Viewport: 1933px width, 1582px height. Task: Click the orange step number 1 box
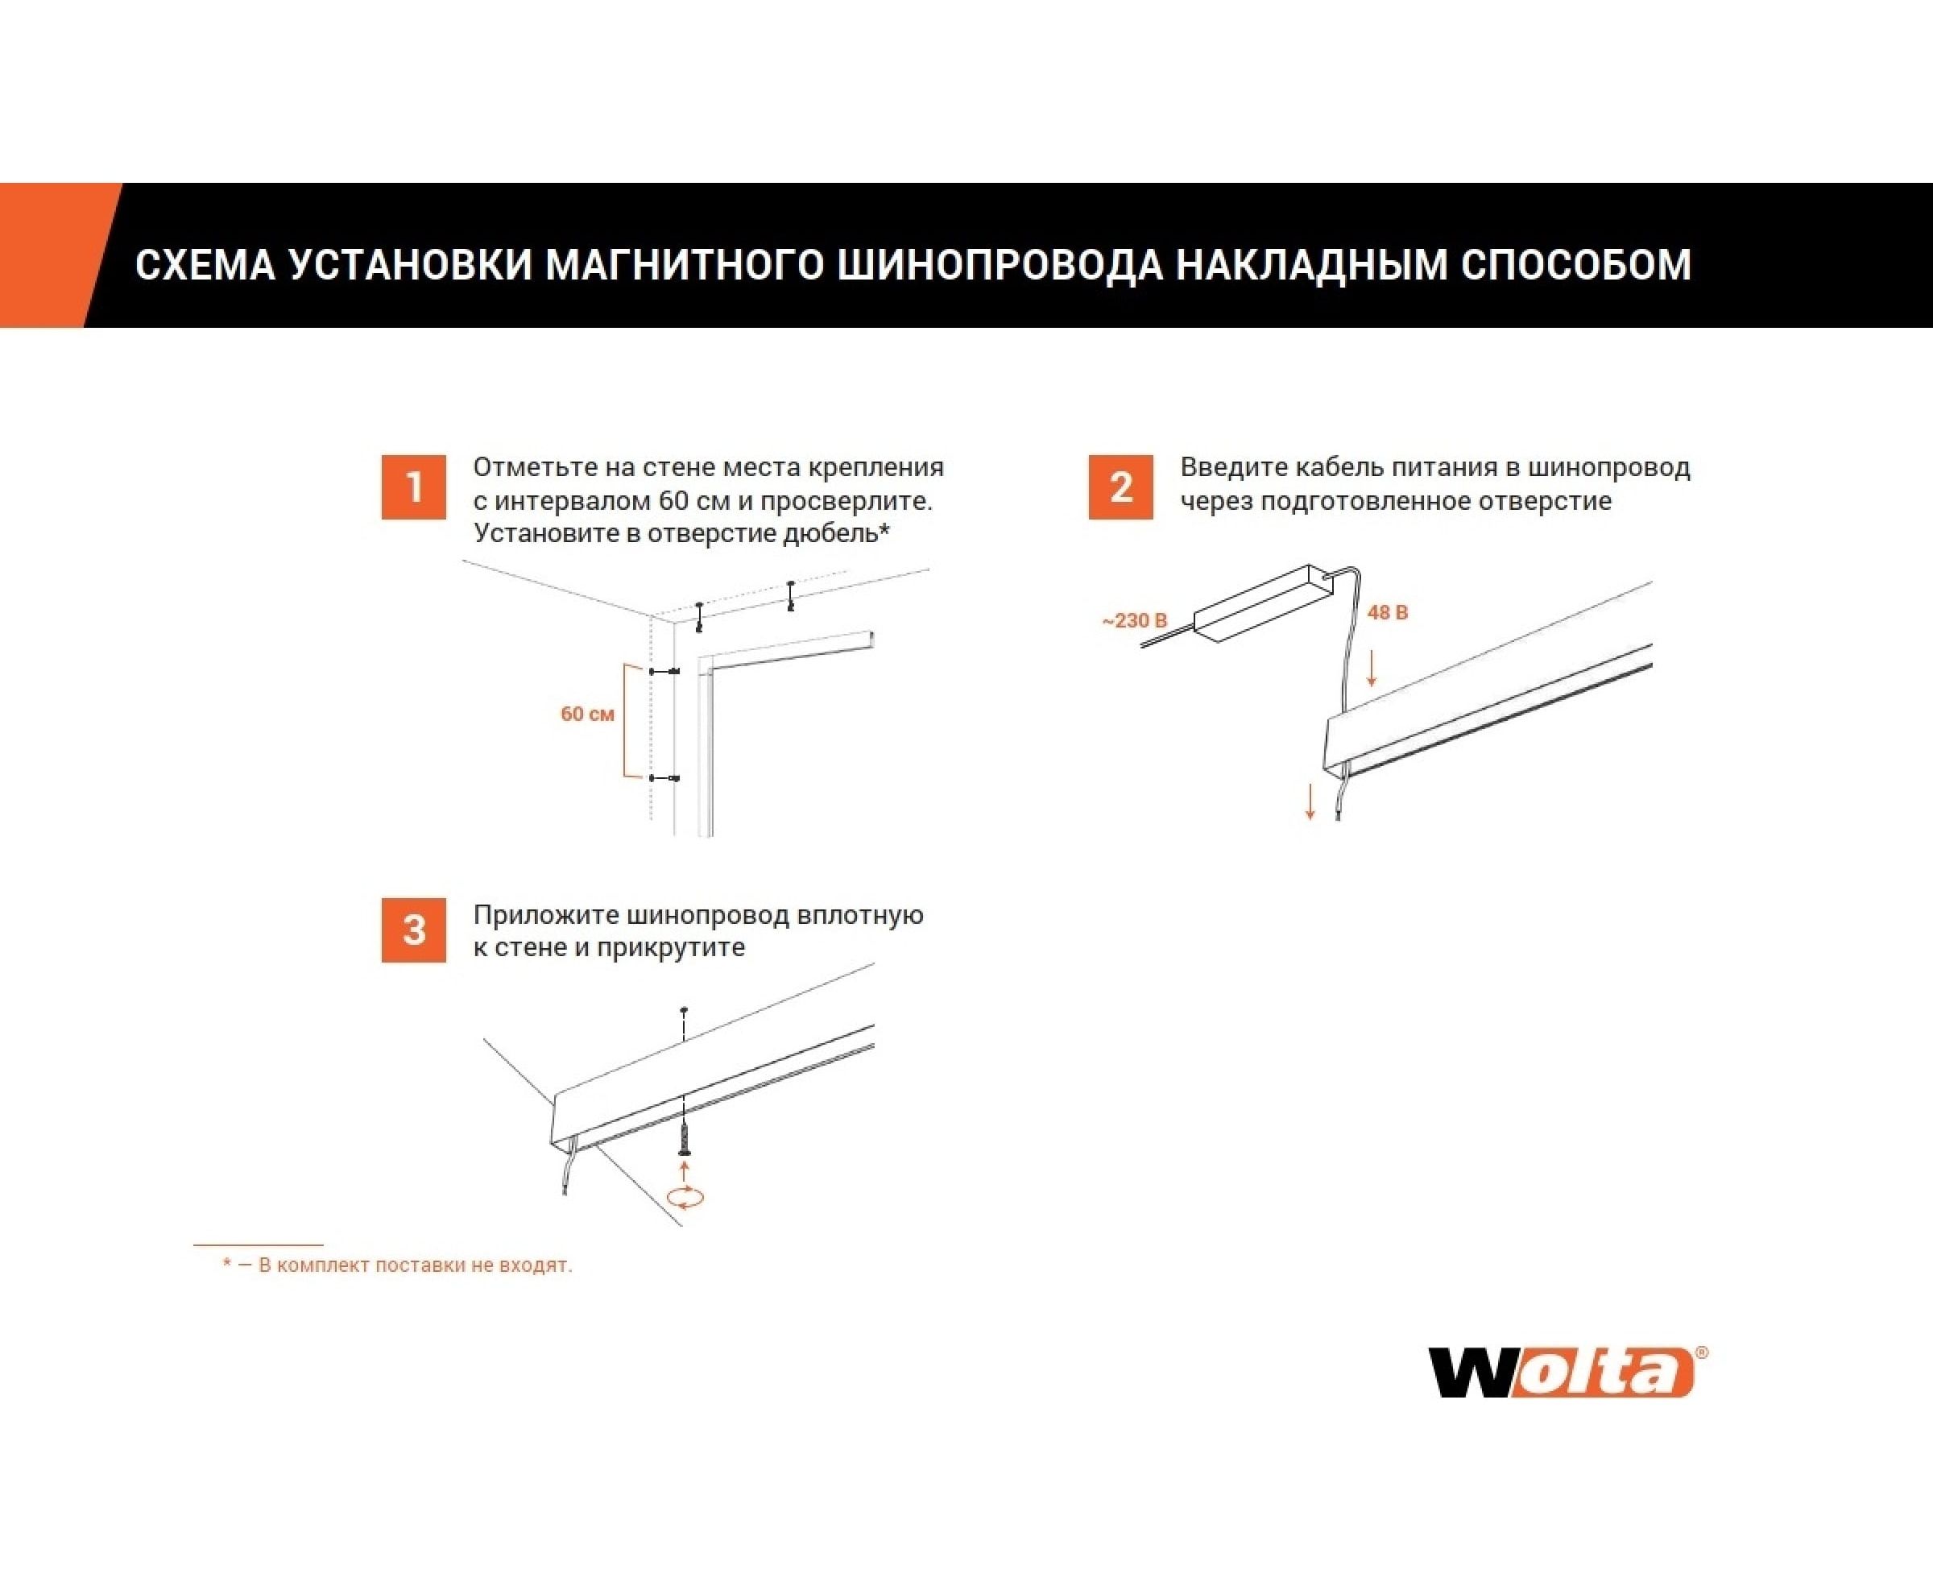[414, 487]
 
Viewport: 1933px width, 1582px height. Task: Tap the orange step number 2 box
[1121, 487]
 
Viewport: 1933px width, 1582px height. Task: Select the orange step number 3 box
[414, 930]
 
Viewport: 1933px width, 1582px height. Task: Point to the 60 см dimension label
[587, 714]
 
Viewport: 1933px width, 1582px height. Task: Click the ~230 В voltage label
[1135, 620]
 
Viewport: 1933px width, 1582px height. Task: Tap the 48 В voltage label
[1387, 612]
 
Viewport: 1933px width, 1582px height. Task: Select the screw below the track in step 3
[685, 1137]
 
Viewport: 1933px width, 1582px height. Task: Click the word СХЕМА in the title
[205, 264]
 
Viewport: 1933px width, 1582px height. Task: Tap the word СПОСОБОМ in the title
[1577, 264]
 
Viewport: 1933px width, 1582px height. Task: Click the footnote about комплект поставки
[397, 1265]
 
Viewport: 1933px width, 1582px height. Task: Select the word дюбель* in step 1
[836, 533]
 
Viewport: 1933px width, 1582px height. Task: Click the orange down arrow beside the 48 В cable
[1371, 667]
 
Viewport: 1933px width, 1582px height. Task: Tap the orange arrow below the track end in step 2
[1310, 801]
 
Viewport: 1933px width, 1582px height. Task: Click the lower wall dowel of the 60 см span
[664, 778]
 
